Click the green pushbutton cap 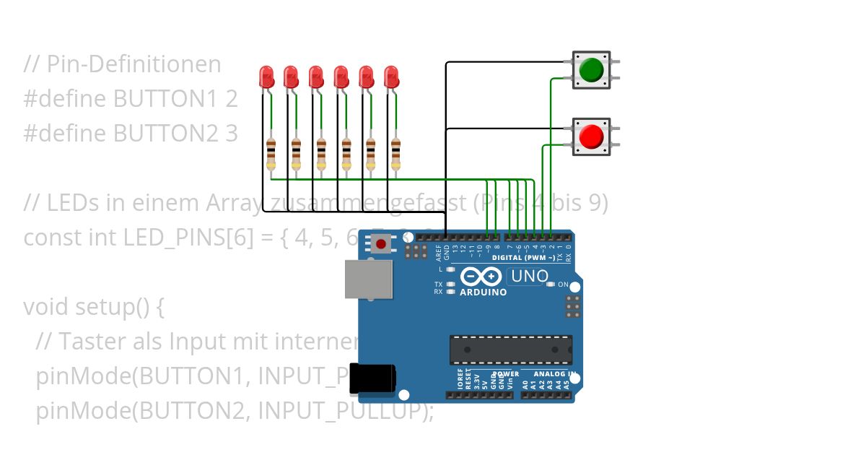click(591, 69)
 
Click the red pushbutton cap click(591, 136)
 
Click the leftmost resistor click(271, 154)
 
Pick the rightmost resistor click(395, 154)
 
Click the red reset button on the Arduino click(380, 244)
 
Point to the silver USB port click(368, 279)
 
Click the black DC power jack click(372, 378)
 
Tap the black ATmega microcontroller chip click(511, 350)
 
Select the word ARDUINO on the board click(483, 292)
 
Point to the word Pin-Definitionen click(134, 64)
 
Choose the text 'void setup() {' click(94, 307)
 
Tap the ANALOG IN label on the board click(554, 374)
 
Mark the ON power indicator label click(563, 285)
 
